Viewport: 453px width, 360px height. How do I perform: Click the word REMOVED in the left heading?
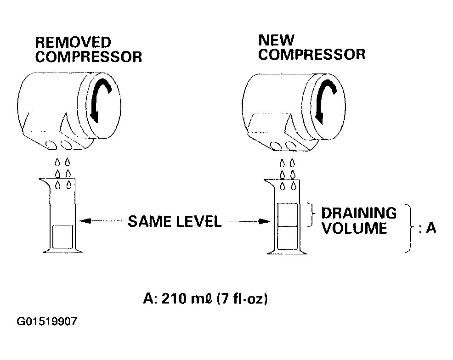click(x=73, y=42)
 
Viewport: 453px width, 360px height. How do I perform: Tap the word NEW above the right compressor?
click(x=276, y=40)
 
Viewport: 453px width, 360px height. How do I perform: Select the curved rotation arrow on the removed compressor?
click(x=99, y=98)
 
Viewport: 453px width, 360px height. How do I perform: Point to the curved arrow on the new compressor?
click(x=324, y=100)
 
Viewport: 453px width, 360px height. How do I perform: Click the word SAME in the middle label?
click(x=150, y=221)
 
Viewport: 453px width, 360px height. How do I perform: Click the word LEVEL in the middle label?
click(x=199, y=221)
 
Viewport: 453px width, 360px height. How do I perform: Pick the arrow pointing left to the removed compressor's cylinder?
click(x=101, y=221)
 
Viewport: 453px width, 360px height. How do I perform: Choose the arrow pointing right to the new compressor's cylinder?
click(x=249, y=222)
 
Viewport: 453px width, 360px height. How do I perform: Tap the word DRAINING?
click(x=359, y=213)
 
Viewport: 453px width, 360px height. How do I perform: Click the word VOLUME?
click(x=354, y=228)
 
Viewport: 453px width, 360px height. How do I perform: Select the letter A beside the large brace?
click(x=431, y=228)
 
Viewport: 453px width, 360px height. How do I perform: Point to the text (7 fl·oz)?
click(x=242, y=298)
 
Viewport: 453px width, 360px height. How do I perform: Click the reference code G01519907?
click(x=47, y=321)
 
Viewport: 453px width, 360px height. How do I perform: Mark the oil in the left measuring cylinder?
click(x=62, y=237)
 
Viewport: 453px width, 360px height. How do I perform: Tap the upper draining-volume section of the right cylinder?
click(x=288, y=214)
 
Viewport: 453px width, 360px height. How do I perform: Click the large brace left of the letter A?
click(x=411, y=228)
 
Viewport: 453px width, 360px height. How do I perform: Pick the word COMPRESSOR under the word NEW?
click(x=312, y=55)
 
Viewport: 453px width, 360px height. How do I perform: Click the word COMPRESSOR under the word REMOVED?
click(x=88, y=57)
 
